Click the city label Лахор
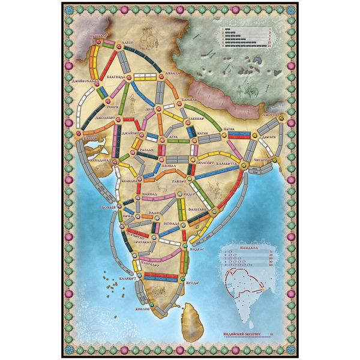(127, 44)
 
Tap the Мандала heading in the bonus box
(247, 244)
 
